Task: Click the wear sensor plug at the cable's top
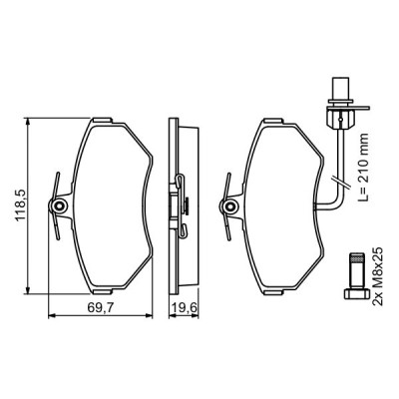[339, 103]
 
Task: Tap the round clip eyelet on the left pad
[62, 207]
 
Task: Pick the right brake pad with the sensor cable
[284, 209]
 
